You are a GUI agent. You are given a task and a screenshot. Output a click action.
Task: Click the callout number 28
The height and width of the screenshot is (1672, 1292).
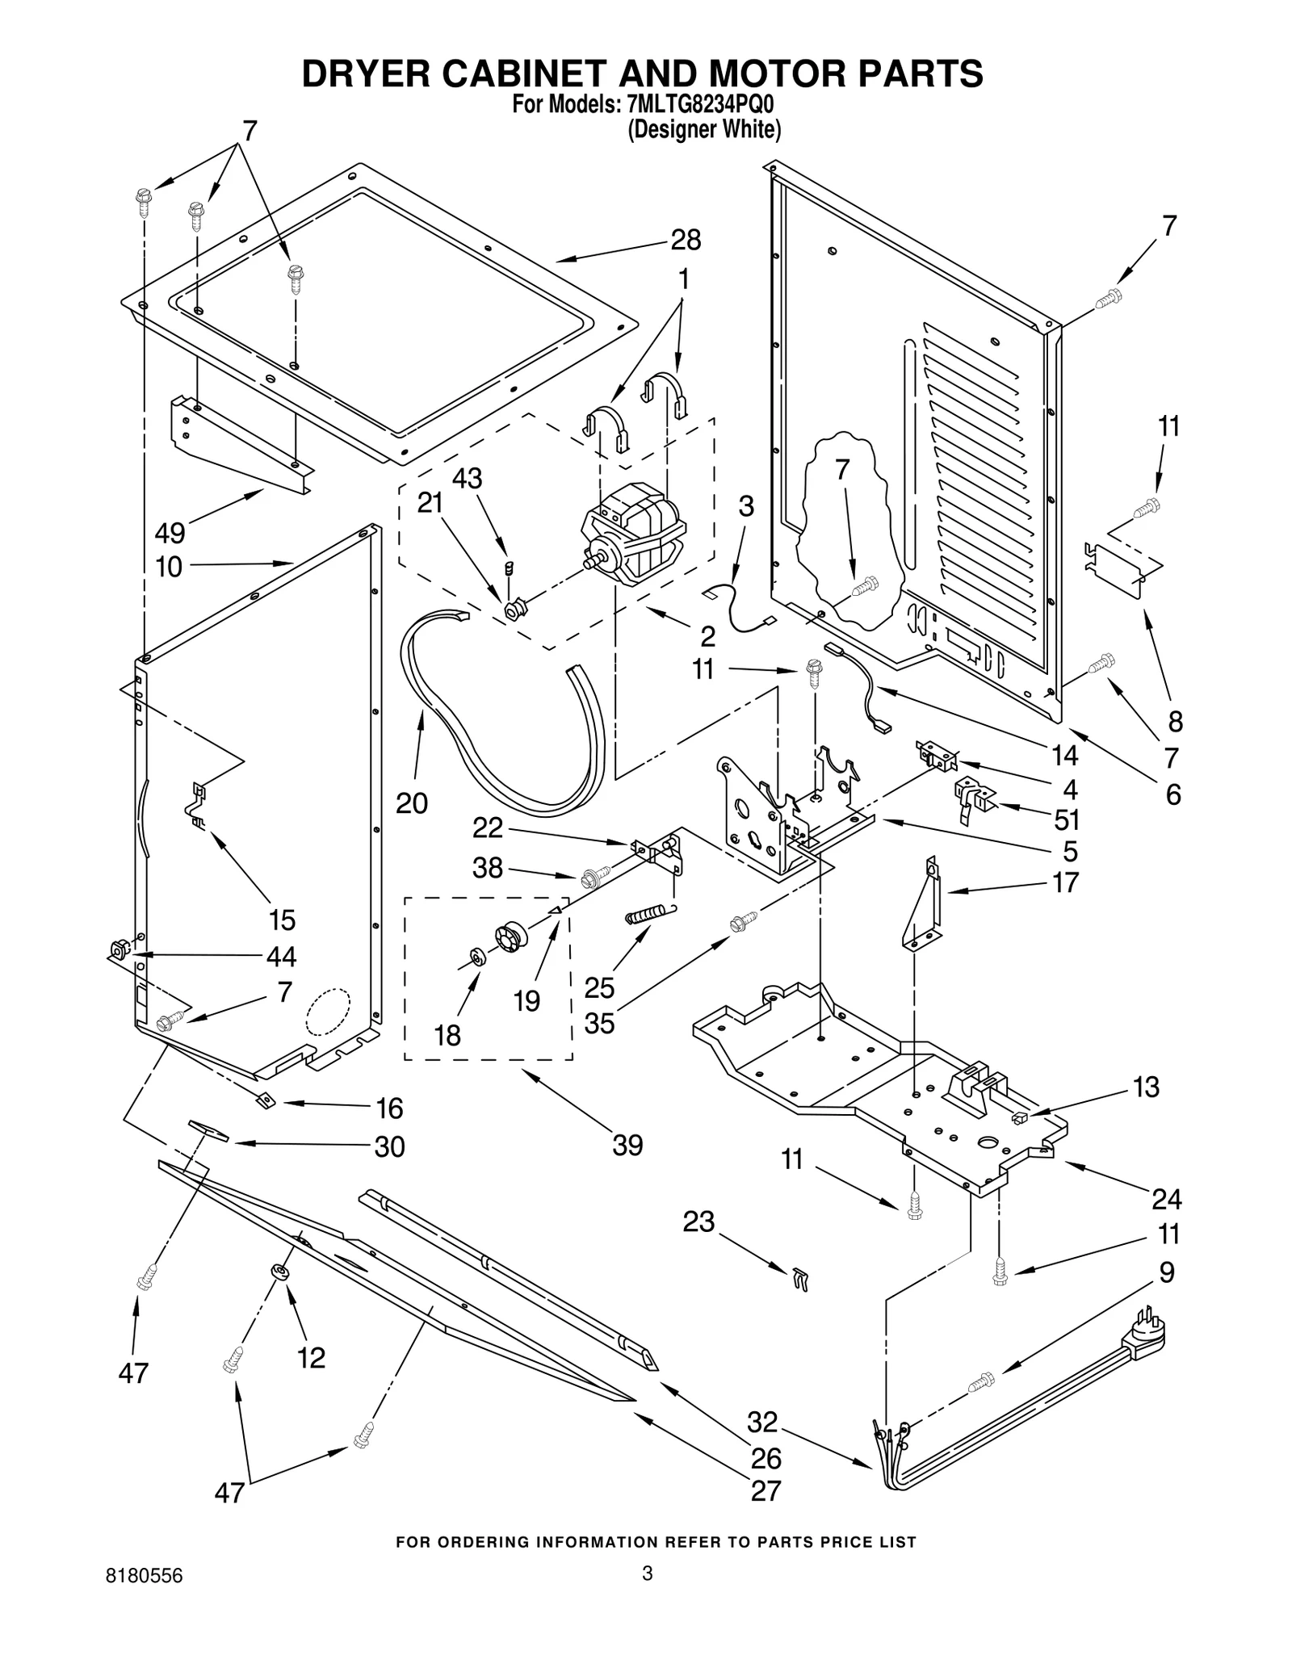686,240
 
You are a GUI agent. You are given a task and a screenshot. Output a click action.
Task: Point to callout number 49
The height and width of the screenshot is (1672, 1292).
170,533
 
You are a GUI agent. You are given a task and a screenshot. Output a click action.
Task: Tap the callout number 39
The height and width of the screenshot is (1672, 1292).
627,1145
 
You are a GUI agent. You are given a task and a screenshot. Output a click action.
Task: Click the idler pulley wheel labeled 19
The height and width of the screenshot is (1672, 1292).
512,937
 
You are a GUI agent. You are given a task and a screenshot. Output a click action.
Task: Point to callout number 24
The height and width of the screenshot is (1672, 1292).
1166,1199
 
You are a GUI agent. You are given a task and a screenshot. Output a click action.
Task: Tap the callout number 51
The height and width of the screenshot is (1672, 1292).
1067,819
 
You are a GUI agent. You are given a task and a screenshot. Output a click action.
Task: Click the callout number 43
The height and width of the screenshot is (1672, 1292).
467,479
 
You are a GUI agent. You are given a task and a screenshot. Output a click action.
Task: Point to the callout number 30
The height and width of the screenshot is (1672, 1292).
389,1146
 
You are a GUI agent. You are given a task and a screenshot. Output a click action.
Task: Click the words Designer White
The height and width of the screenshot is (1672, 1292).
704,129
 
